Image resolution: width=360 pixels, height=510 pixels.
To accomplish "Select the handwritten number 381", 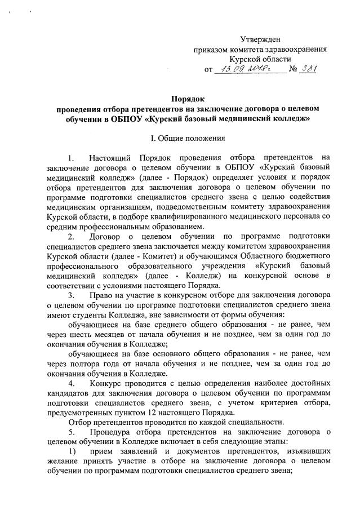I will [x=308, y=69].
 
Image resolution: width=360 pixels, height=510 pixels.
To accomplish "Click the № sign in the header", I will [x=292, y=70].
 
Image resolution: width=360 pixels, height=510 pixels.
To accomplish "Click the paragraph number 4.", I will [x=70, y=384].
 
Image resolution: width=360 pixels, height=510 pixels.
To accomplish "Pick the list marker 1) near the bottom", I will [x=71, y=453].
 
